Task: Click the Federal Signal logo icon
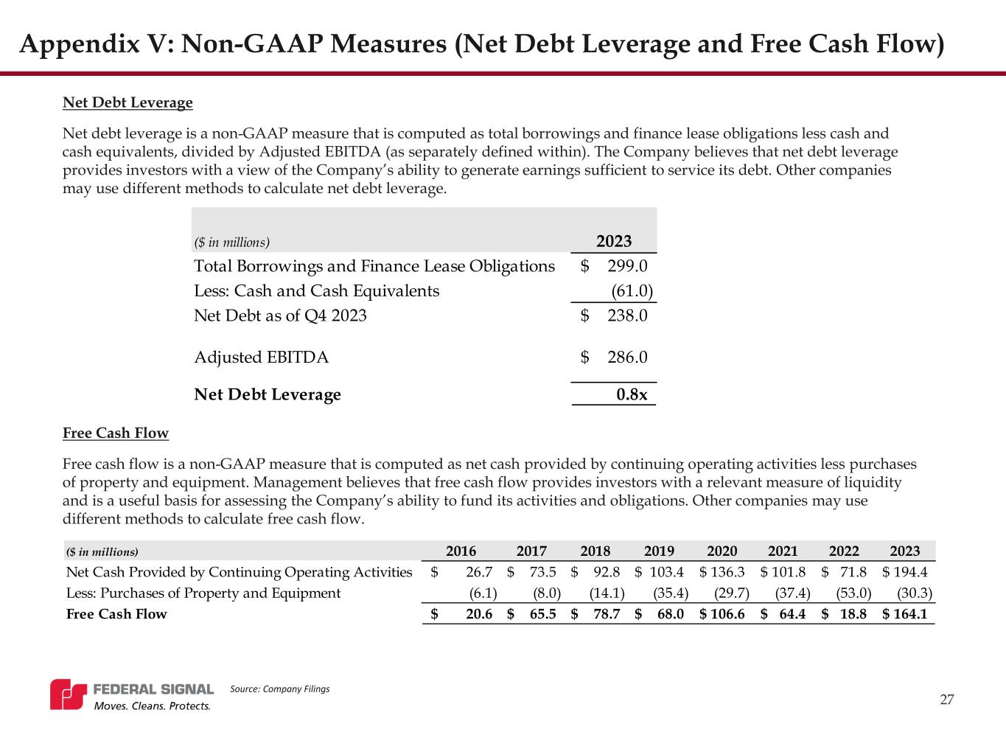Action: (x=69, y=694)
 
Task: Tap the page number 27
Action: (x=947, y=700)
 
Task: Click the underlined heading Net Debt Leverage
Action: (x=128, y=102)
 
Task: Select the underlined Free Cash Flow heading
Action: (x=116, y=433)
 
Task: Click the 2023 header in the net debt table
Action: (x=613, y=242)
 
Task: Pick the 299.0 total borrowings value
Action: (x=627, y=266)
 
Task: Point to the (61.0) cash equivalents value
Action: (x=632, y=291)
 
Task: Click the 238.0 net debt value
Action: (x=627, y=316)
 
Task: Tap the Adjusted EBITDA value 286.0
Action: (x=627, y=358)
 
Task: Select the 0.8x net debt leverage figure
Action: (x=632, y=395)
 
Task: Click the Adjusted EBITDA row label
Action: (x=261, y=358)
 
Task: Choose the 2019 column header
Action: (x=659, y=551)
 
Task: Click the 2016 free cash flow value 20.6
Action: (x=479, y=614)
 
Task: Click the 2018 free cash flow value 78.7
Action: (x=606, y=614)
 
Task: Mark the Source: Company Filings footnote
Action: (x=279, y=689)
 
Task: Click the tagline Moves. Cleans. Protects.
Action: (x=150, y=706)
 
